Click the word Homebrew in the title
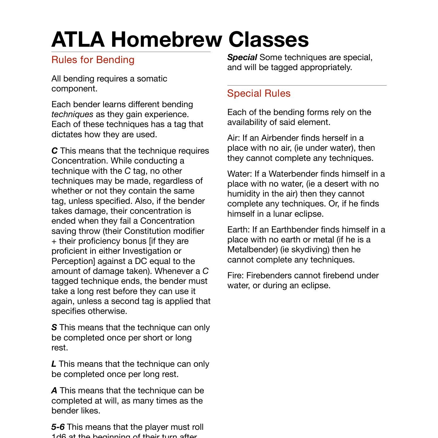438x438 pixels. coord(165,39)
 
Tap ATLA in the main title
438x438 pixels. coord(78,39)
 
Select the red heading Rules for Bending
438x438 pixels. coord(93,60)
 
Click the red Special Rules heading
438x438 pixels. coord(259,93)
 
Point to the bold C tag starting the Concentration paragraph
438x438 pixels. coord(54,151)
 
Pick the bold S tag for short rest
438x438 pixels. coord(54,328)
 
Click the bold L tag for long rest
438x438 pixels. coord(54,364)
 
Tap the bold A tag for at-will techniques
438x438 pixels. coord(54,391)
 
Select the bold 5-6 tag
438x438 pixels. coord(58,427)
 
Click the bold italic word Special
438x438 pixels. coord(242,58)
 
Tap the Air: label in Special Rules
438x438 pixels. coord(234,138)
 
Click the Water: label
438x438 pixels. coord(239,174)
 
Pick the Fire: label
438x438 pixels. coord(236,275)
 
